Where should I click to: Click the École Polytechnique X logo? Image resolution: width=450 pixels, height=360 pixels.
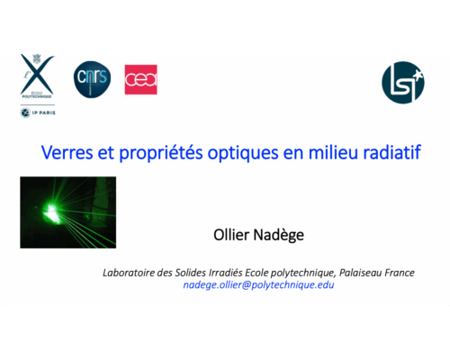point(38,76)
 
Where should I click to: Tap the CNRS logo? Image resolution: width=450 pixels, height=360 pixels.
point(91,77)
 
